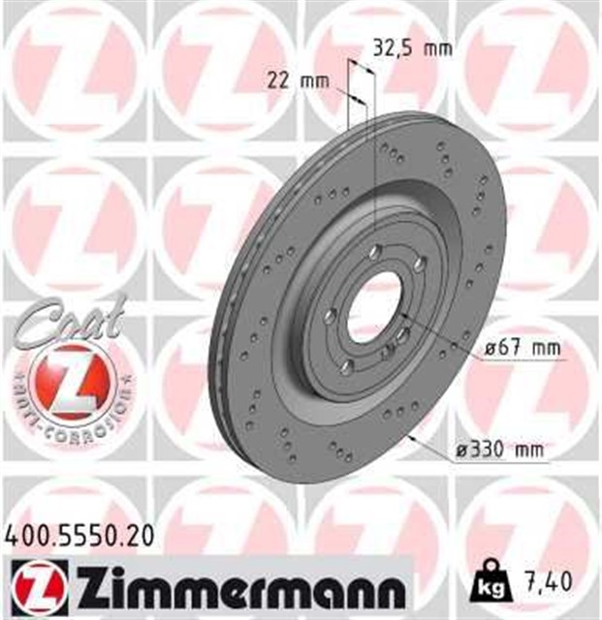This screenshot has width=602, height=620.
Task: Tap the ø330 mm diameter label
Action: [499, 449]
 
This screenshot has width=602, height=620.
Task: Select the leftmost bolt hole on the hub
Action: [331, 315]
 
